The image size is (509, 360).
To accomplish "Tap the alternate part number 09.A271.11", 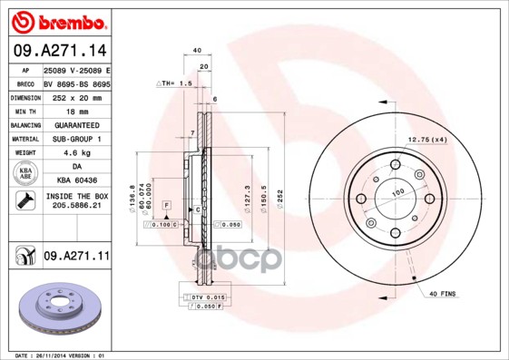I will pos(75,257).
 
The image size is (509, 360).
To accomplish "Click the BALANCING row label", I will pos(24,124).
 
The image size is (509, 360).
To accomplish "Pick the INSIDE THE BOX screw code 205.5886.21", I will pos(75,207).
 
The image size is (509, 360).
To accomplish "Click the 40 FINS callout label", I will pos(445,293).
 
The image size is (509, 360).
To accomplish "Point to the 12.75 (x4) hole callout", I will pos(428,139).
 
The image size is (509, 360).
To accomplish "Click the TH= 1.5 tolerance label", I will pos(176,83).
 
